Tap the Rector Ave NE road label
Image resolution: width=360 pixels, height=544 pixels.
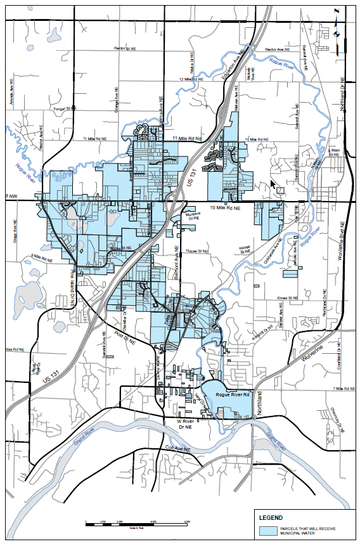(x=278, y=49)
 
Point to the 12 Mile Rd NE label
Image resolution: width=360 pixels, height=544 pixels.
(x=191, y=79)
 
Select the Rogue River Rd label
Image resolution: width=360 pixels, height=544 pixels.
(x=233, y=394)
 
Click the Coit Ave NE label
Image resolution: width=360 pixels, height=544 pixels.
(x=177, y=449)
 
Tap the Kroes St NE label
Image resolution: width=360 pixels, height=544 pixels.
(x=288, y=297)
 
